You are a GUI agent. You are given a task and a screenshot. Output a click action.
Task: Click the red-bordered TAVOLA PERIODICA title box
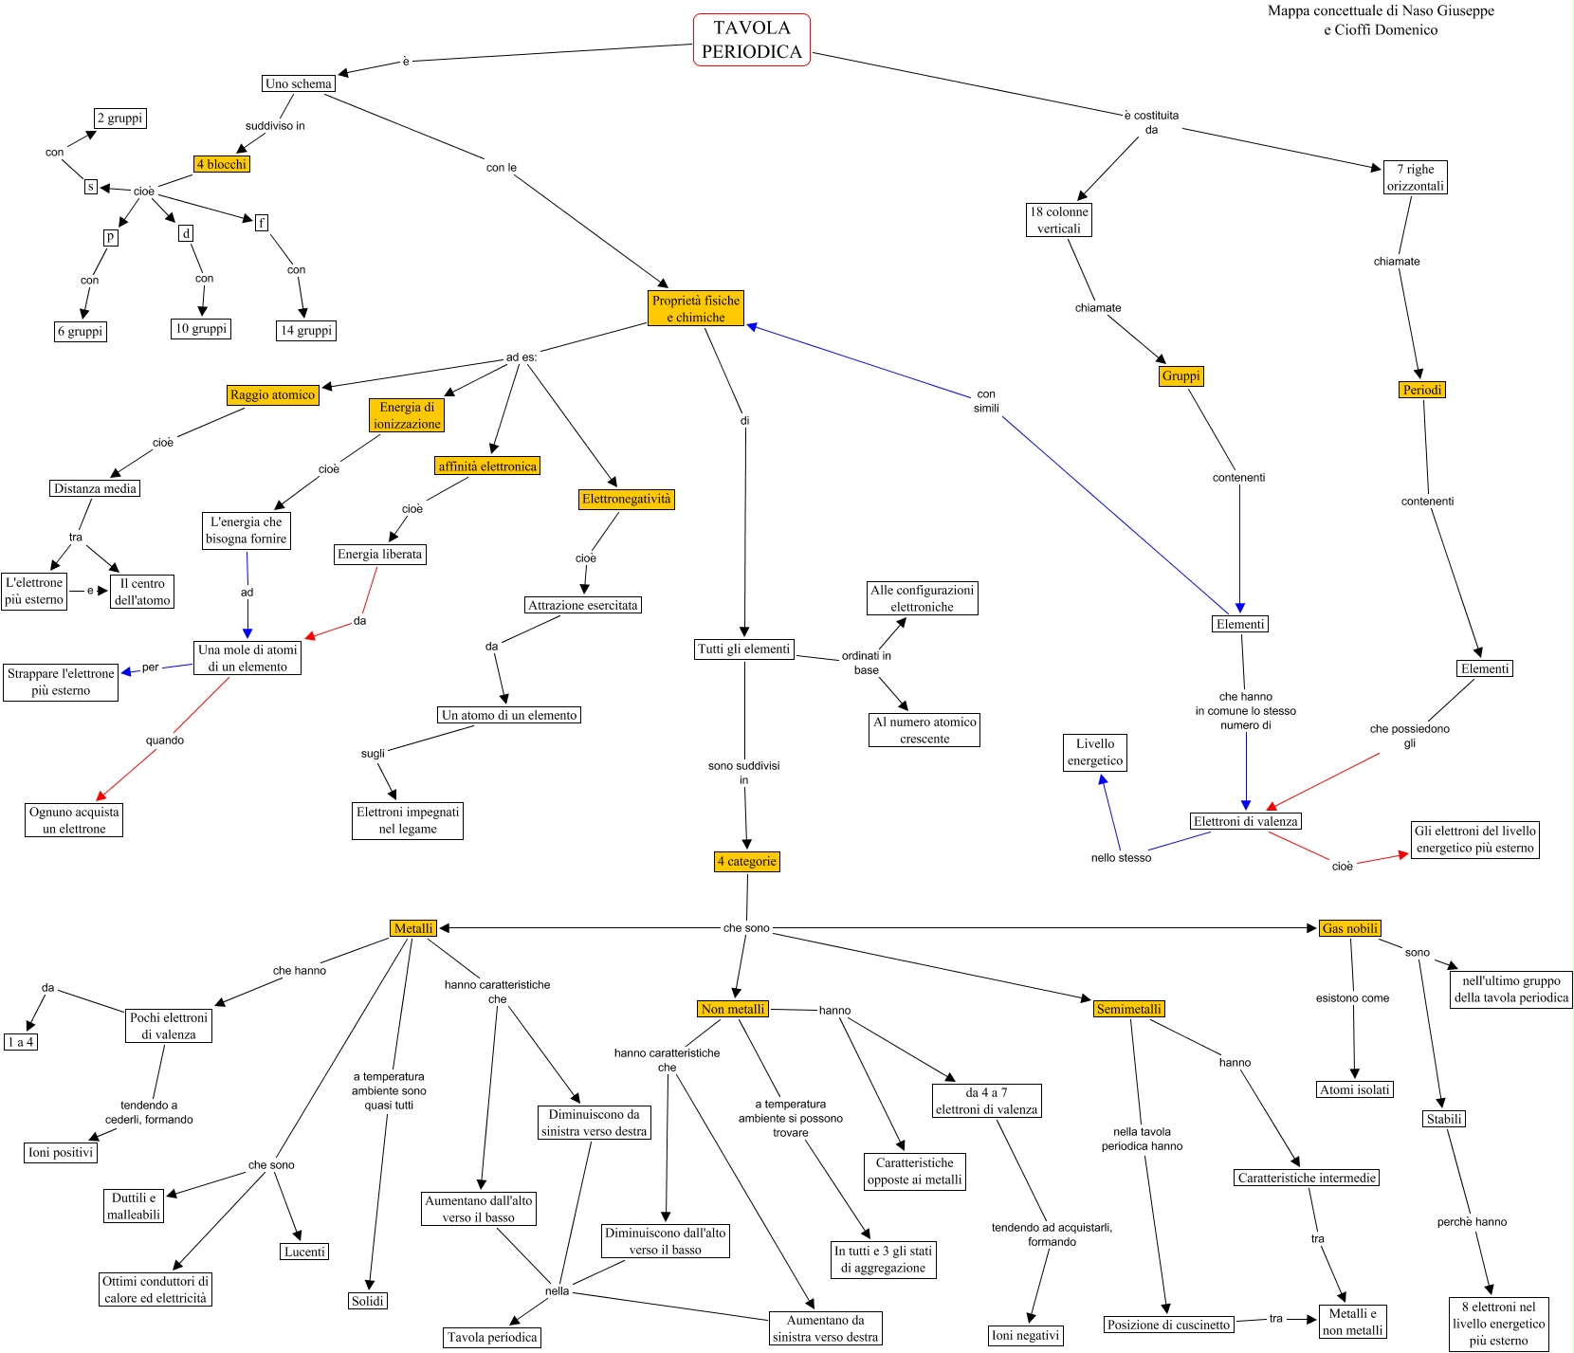751,40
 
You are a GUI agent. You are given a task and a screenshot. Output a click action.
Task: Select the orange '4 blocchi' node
221,164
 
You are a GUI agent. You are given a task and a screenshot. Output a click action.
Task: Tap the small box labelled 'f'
262,223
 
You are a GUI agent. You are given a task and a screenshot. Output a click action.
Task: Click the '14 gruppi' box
306,330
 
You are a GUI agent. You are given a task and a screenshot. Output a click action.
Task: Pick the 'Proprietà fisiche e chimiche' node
696,308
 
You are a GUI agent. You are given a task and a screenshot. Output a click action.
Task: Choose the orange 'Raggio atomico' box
272,394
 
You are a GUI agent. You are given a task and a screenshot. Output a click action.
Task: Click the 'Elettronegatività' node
626,499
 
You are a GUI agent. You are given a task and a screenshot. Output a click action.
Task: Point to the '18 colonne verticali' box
1059,220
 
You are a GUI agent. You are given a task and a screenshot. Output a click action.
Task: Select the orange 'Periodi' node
1422,390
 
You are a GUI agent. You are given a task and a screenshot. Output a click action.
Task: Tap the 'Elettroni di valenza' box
1246,821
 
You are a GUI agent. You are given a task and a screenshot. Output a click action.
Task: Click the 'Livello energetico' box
1095,752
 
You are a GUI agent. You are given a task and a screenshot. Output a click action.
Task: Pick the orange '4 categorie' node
747,861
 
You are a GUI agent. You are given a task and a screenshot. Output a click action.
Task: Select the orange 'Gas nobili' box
1350,928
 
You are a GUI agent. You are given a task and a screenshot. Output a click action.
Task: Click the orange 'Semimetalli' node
1128,1009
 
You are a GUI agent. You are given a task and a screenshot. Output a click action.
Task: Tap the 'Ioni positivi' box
61,1152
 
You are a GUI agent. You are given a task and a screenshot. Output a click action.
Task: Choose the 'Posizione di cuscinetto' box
1169,1325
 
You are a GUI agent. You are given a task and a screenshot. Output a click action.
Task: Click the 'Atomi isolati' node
1355,1089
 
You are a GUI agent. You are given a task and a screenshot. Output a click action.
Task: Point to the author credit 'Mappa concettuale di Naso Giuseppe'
1381,11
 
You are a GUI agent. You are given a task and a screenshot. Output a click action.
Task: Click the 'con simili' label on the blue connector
986,401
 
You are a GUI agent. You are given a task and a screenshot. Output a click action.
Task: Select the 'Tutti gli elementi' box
743,649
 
